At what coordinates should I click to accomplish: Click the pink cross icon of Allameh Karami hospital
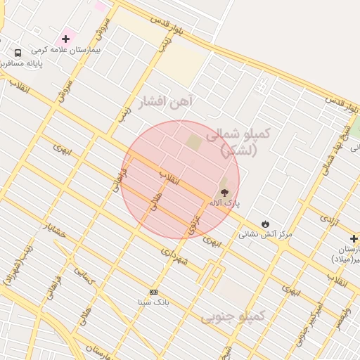coord(65,38)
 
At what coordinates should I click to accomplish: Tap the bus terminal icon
coord(18,53)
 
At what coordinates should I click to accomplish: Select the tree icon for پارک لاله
coord(224,192)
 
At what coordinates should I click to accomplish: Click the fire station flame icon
coord(265,224)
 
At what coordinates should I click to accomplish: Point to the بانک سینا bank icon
coord(153,292)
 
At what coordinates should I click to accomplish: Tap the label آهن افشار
coord(165,103)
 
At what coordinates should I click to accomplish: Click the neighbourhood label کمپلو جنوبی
coord(233,316)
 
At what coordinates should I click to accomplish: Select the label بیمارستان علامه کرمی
coord(71,51)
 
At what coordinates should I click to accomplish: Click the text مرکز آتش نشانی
coord(265,234)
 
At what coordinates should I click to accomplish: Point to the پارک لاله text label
coord(224,203)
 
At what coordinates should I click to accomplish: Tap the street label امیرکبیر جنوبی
coord(311,322)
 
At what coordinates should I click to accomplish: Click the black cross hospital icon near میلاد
coord(354,239)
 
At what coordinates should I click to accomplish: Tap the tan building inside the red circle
coord(193,143)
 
